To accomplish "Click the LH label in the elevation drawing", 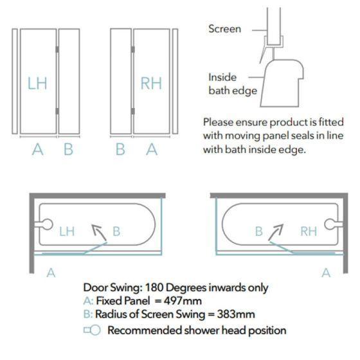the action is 37,83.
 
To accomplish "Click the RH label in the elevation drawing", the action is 151,83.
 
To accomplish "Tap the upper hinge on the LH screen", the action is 57,50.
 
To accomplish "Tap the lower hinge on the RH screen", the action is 132,111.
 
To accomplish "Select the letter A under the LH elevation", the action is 38,149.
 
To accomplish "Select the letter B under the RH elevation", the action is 121,149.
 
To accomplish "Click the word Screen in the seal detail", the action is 225,29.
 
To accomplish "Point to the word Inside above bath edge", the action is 222,77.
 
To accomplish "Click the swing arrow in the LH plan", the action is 99,233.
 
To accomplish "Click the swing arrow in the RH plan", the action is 276,232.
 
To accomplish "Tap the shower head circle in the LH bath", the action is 48,224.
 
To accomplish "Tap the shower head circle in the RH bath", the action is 330,224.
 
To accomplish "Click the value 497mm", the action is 183,301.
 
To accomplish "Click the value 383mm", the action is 236,314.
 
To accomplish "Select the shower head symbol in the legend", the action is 92,330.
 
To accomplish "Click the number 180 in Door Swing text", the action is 154,287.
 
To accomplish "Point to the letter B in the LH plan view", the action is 116,231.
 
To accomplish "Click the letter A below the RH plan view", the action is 326,273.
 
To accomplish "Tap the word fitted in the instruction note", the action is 331,122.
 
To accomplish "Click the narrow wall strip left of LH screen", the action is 15,81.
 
